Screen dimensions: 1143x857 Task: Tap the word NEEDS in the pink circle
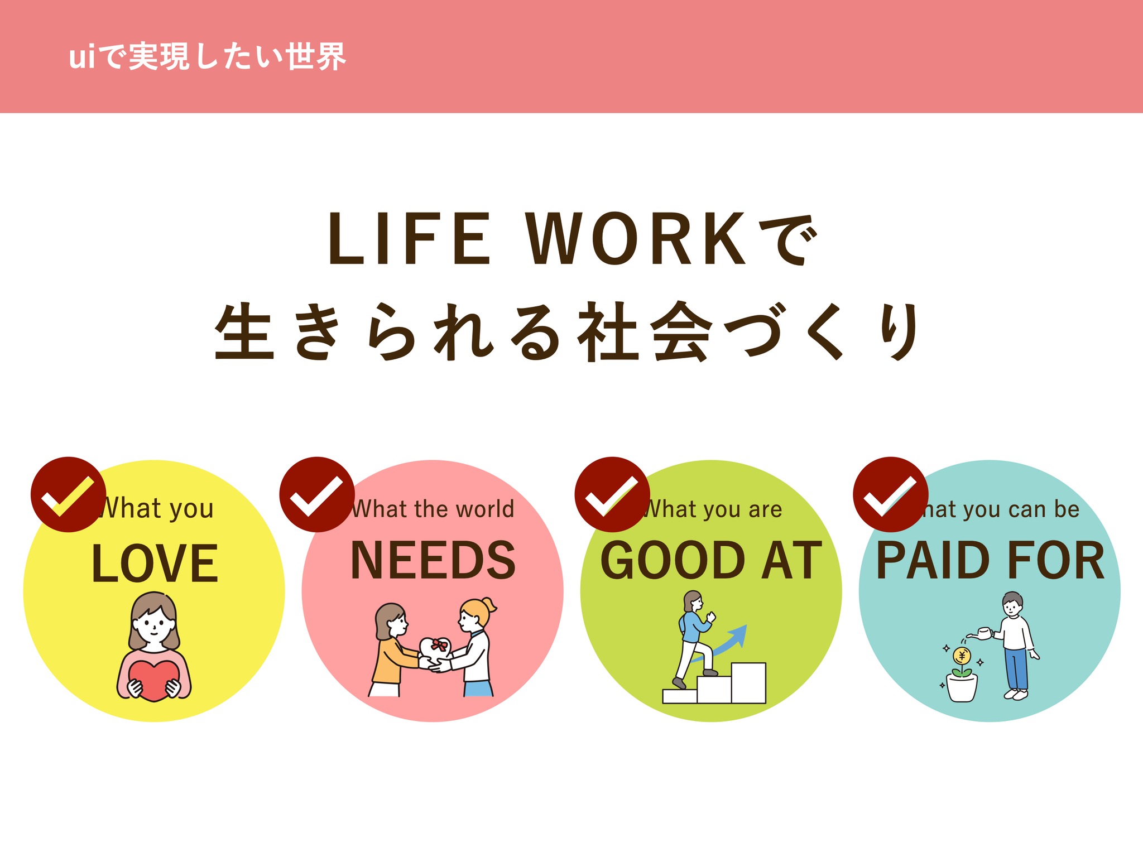coord(433,560)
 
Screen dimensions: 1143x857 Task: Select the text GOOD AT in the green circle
coord(711,560)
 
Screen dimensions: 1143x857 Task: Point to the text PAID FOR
coord(990,560)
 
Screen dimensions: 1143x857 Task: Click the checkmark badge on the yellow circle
coord(69,494)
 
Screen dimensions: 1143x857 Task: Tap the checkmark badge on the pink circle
coord(317,494)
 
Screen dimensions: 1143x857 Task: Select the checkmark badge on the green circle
coord(612,494)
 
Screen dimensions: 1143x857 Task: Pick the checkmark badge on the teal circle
coord(891,494)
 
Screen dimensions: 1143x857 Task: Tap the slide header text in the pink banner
coord(207,57)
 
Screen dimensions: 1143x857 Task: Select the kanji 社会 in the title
coord(645,331)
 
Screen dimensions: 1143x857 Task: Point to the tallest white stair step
coord(748,683)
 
